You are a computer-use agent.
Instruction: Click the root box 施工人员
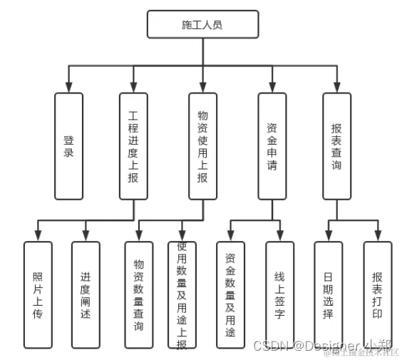(202, 24)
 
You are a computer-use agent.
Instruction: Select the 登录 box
(68, 146)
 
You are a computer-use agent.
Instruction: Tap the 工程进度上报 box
(133, 146)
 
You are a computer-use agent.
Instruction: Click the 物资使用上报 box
(202, 146)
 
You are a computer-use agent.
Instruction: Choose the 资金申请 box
(272, 146)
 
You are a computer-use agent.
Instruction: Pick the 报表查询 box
(336, 146)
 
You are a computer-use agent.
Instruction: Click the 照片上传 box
(38, 294)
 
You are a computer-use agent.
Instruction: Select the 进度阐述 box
(86, 294)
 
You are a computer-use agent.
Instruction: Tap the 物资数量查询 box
(139, 294)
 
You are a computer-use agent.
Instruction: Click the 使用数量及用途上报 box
(182, 294)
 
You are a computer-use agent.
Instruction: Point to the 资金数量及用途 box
(230, 294)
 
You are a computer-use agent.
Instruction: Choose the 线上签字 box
(279, 294)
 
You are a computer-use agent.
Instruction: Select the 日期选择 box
(328, 294)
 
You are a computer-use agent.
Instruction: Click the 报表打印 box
(377, 294)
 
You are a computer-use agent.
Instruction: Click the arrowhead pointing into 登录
(68, 87)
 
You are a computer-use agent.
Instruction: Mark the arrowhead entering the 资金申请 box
(272, 87)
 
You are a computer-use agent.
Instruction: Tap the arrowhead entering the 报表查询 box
(336, 87)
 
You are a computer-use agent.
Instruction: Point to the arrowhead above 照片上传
(38, 235)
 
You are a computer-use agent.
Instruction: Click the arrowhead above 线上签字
(279, 235)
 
